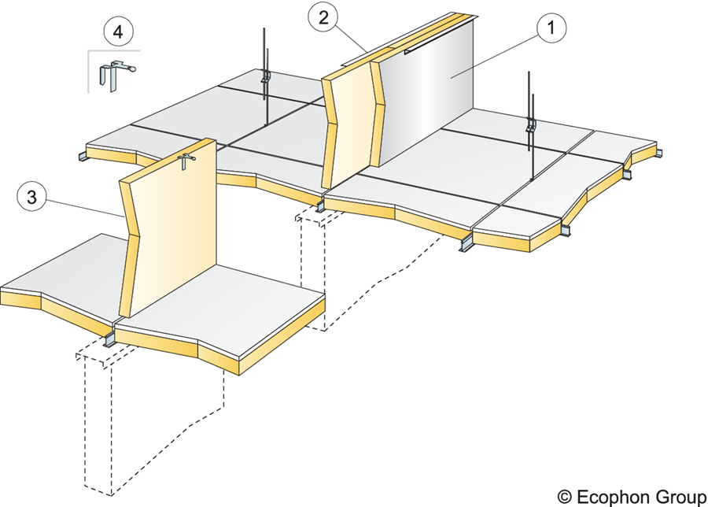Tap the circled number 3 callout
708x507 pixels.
tap(32, 198)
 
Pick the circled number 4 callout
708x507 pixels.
tap(118, 35)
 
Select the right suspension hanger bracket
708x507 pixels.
tap(532, 124)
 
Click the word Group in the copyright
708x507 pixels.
tap(680, 496)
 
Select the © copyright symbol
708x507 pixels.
tap(564, 496)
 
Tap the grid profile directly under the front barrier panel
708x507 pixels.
tap(109, 339)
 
